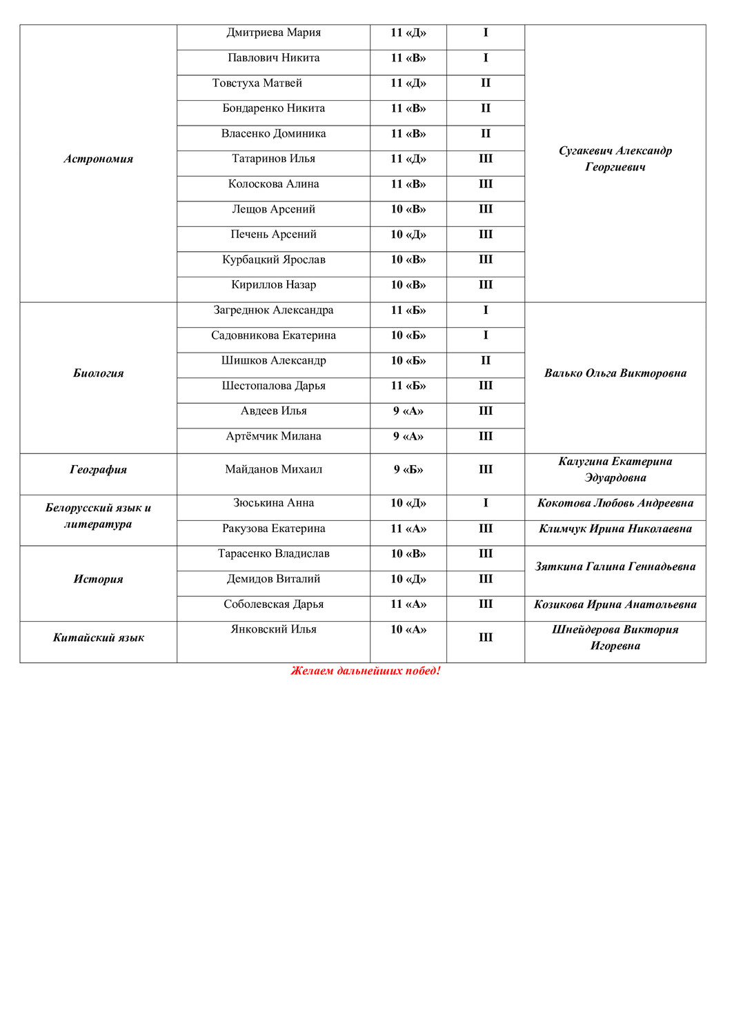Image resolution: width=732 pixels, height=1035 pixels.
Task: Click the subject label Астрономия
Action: click(98, 159)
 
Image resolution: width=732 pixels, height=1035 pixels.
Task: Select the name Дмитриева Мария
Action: click(273, 33)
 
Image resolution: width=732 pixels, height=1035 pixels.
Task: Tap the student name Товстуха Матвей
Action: click(257, 83)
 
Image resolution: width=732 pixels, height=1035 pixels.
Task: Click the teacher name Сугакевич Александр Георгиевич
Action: click(615, 159)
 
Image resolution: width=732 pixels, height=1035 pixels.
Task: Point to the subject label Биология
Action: click(98, 373)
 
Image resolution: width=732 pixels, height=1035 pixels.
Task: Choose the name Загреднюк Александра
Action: click(273, 310)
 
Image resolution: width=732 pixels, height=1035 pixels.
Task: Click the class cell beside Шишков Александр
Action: click(408, 361)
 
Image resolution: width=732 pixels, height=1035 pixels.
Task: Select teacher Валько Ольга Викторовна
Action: click(615, 373)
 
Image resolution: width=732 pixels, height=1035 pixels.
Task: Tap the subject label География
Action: click(98, 470)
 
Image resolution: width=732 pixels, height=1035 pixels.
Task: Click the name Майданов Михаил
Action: click(273, 470)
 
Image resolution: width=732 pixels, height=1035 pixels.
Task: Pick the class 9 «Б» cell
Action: click(408, 470)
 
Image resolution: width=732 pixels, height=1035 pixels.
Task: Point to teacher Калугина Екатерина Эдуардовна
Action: click(615, 470)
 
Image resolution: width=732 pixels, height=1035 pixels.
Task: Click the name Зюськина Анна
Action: click(273, 504)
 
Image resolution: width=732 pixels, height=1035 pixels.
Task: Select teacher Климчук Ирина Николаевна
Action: click(615, 529)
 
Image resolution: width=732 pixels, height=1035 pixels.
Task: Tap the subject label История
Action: click(98, 580)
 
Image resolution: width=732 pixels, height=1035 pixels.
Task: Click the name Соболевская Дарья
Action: click(273, 604)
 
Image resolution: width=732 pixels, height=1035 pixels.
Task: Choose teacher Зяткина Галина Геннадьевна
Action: click(615, 567)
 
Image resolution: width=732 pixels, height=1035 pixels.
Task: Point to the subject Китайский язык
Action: click(98, 638)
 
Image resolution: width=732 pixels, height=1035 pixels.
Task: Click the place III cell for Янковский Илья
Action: click(486, 638)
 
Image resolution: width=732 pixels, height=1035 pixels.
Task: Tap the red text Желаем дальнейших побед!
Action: click(366, 671)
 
